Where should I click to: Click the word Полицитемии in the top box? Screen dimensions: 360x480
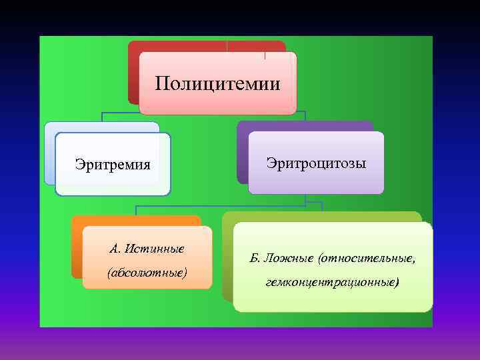pyautogui.click(x=217, y=83)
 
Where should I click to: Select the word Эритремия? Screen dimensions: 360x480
pyautogui.click(x=113, y=164)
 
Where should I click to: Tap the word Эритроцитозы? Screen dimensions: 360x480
pyautogui.click(x=316, y=163)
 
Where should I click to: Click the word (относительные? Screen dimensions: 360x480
pyautogui.click(x=367, y=257)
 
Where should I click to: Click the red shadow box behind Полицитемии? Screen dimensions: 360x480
pyautogui.click(x=133, y=73)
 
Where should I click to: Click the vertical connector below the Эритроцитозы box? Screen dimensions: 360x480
pyautogui.click(x=305, y=199)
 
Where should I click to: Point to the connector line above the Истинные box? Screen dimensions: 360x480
pyautogui.click(x=136, y=209)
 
